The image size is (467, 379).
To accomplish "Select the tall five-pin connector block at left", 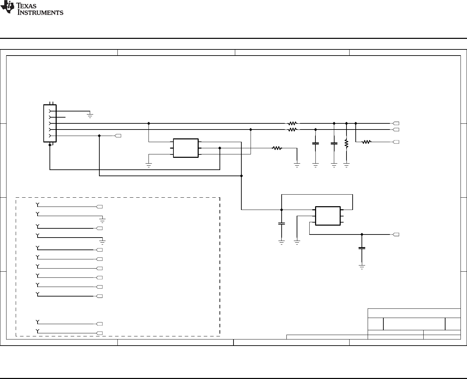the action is (x=50, y=123).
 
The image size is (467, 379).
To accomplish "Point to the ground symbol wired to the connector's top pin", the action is (x=90, y=116).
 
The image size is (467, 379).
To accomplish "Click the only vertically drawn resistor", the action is (x=346, y=143).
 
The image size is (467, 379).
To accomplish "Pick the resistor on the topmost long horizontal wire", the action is (x=293, y=123).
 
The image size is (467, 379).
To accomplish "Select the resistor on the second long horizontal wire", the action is (x=293, y=130).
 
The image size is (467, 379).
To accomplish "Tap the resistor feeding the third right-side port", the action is (x=366, y=142).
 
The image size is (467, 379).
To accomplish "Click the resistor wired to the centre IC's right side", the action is (x=277, y=148).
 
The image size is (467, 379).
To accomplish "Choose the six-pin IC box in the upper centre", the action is (x=186, y=148).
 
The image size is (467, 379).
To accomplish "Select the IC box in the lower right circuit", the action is (x=328, y=216).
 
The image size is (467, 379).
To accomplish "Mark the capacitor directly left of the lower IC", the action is (x=281, y=224).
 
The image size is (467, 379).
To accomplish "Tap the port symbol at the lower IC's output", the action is (x=396, y=234).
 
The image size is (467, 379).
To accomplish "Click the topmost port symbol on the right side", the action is (x=396, y=123).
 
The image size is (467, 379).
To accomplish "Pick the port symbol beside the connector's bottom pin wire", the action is (x=118, y=136).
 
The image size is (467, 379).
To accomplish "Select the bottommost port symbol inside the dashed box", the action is (x=100, y=333).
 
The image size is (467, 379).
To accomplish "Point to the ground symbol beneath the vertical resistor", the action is (x=346, y=166).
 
